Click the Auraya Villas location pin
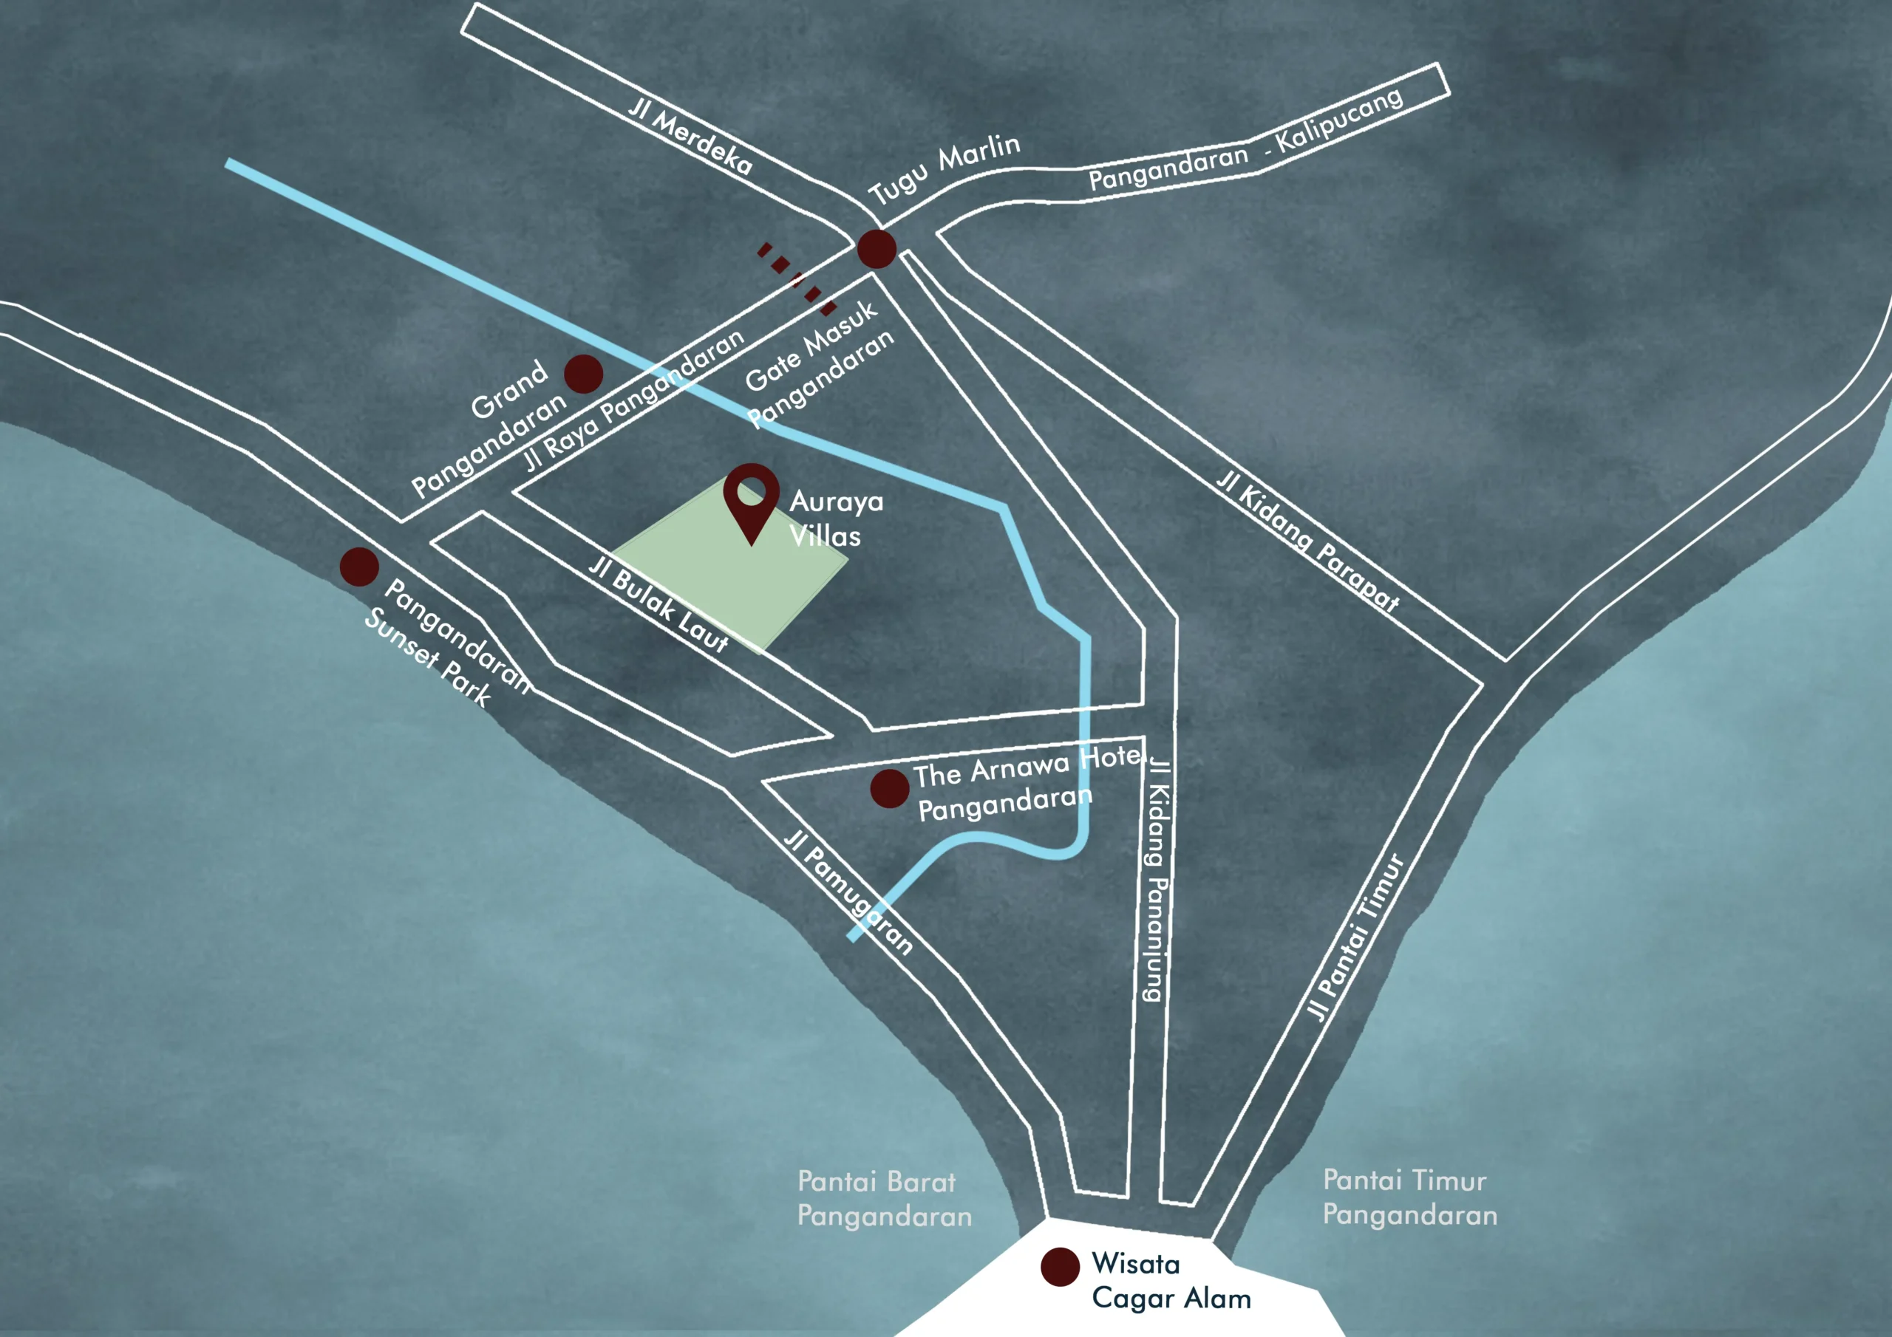point(751,499)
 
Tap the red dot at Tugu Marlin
point(877,248)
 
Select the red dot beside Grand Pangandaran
point(583,374)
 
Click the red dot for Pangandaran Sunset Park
point(359,567)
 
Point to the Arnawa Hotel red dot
point(890,788)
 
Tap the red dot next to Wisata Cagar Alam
point(1060,1266)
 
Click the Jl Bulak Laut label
point(659,605)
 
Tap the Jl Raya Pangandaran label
point(636,400)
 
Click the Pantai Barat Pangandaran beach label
point(883,1199)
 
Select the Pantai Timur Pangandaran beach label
point(1409,1197)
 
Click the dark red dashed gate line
point(797,278)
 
